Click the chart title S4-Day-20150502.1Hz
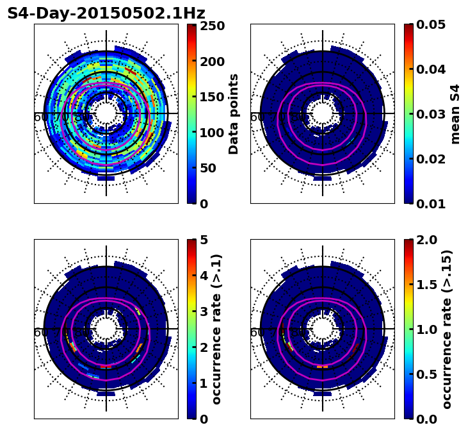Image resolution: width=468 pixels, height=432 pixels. (x=106, y=13)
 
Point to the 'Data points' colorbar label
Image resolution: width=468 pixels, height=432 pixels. (x=234, y=113)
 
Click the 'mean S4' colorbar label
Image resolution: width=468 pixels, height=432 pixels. (x=455, y=113)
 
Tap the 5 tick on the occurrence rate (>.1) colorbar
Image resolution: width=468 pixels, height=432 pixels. (x=204, y=240)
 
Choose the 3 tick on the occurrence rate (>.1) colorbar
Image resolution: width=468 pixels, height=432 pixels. (x=204, y=312)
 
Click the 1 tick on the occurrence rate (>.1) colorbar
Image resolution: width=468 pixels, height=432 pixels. (x=204, y=383)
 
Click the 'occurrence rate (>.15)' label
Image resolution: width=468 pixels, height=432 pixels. (x=447, y=329)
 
